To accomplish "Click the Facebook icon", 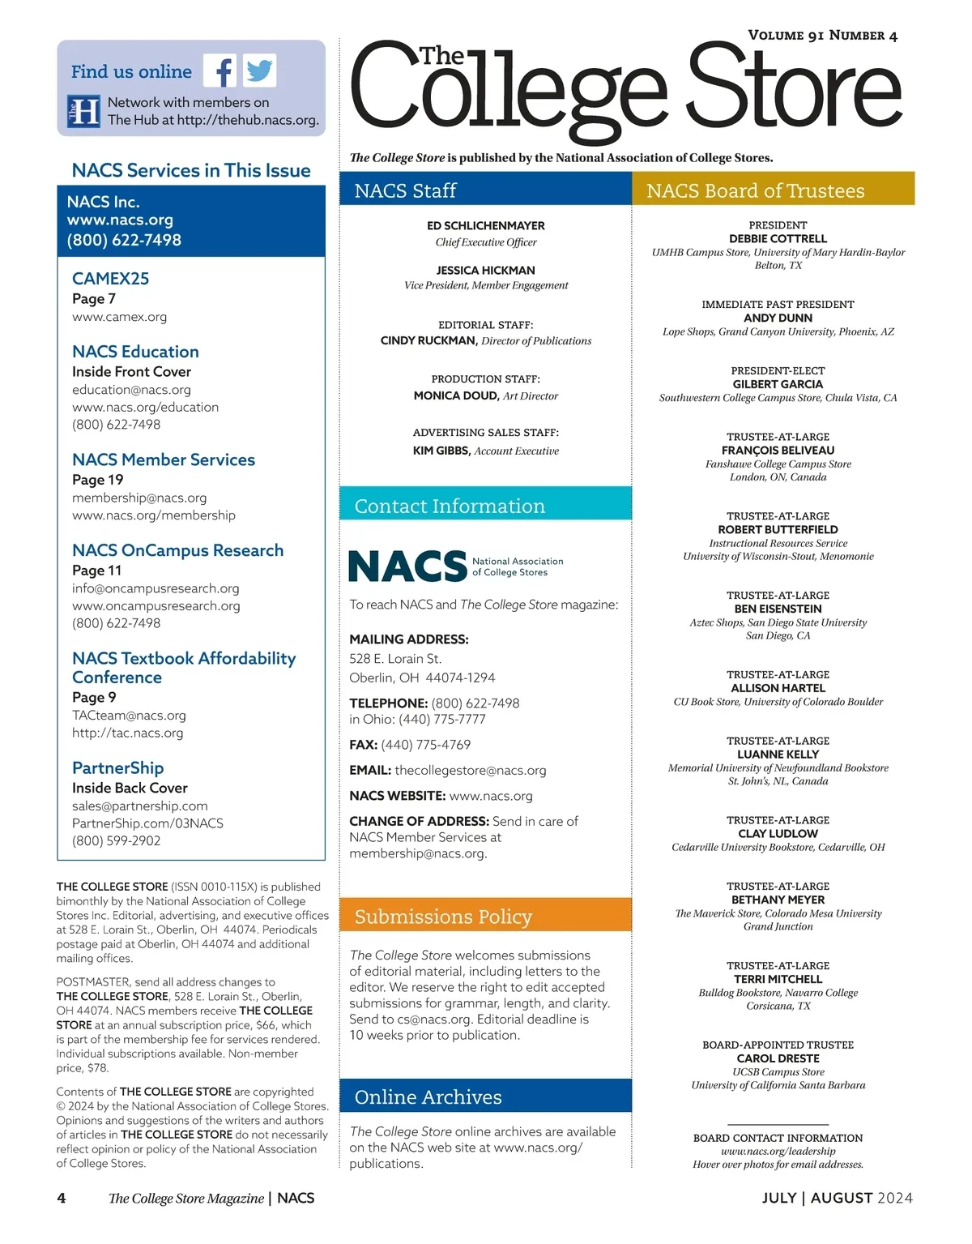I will (x=220, y=71).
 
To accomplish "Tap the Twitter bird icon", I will (x=259, y=71).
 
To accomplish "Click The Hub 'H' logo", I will (x=83, y=111).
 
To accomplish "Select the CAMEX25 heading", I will (x=110, y=278).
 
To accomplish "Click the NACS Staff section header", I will (x=405, y=190).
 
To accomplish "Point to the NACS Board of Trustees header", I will (x=755, y=190).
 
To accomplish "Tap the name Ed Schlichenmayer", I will (x=485, y=225).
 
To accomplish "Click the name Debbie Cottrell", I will (x=778, y=238).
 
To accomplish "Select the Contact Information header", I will (x=450, y=506).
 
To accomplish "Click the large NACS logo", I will (x=407, y=566).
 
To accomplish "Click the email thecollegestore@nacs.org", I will (x=470, y=770).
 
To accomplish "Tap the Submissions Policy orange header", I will (x=443, y=917).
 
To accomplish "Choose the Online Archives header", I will (x=428, y=1097).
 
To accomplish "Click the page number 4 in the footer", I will (x=62, y=1198).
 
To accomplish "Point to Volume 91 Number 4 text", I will (x=822, y=36).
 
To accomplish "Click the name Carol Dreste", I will (x=778, y=1058).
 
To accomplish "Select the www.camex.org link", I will (x=119, y=317).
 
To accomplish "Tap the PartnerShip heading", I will (x=117, y=767).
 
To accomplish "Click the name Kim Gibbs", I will (x=441, y=451).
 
